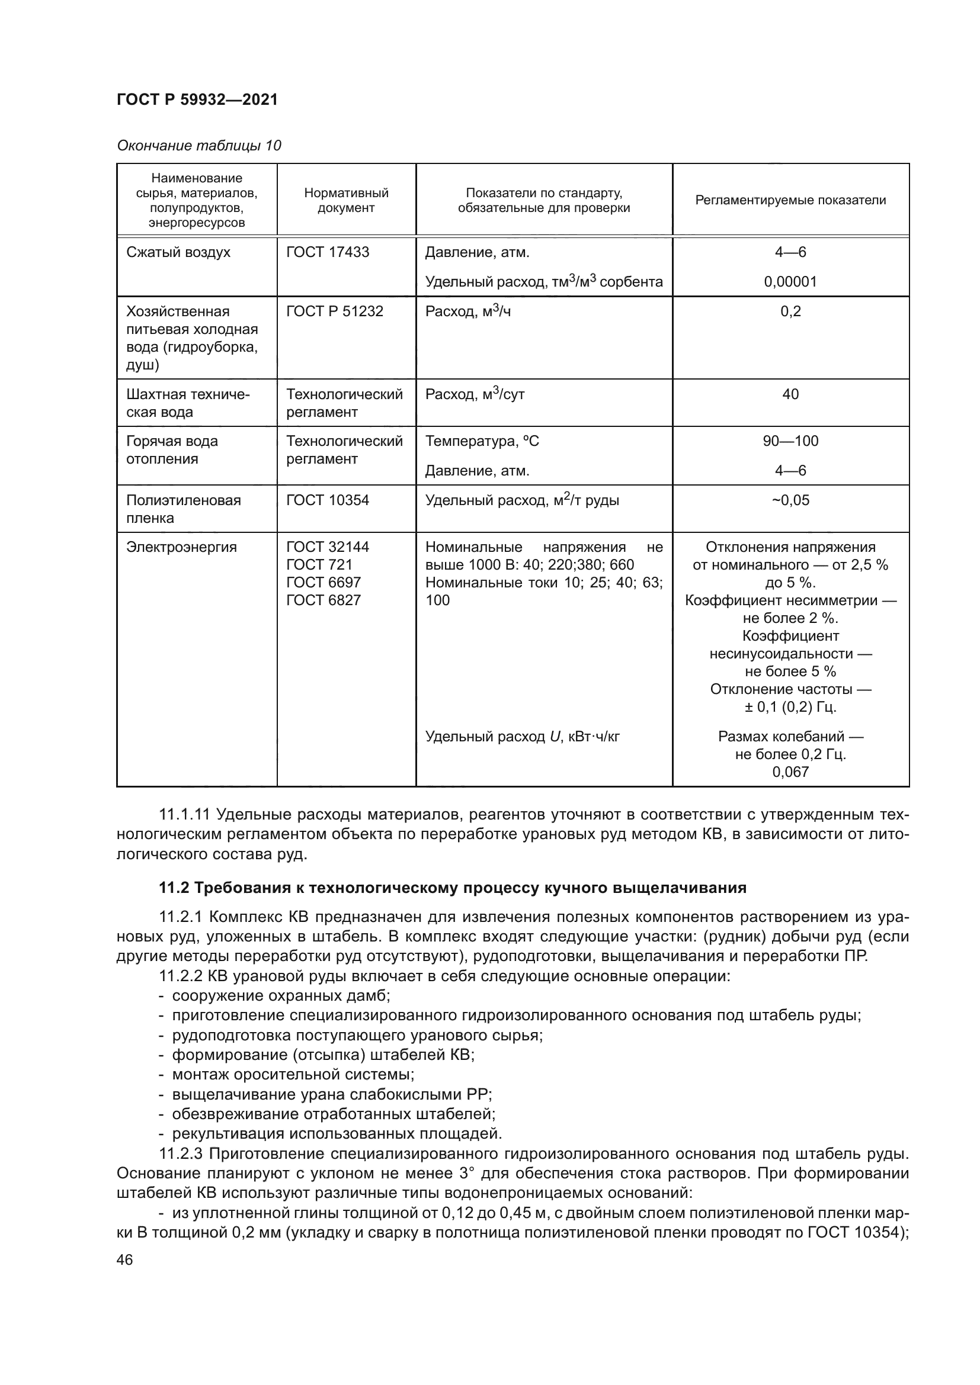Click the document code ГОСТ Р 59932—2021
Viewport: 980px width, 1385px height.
tap(197, 99)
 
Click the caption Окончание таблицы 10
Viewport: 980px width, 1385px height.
tap(198, 146)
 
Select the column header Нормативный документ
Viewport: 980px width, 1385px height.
tap(346, 200)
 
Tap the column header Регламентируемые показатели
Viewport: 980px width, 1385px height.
tap(790, 200)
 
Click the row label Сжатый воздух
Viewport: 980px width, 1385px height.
tap(178, 252)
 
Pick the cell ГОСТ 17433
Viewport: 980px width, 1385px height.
tap(328, 252)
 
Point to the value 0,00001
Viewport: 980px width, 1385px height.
tap(790, 282)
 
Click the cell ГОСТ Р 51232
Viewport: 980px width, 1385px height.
tap(335, 311)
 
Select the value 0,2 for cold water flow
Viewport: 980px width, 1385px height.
tap(790, 311)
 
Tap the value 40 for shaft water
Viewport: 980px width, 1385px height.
tap(790, 394)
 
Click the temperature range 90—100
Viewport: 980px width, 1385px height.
tap(790, 441)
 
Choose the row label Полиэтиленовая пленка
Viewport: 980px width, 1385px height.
tap(184, 509)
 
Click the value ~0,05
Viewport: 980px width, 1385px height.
tap(790, 500)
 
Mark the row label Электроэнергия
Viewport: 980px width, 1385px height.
tap(182, 547)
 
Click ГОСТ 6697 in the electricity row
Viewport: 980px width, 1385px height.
tap(324, 583)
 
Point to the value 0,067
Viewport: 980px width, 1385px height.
tap(790, 772)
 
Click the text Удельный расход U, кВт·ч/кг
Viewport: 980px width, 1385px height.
tap(523, 737)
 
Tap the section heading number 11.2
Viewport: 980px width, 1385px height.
tap(174, 888)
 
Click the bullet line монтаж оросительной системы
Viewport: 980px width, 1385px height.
tap(293, 1074)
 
